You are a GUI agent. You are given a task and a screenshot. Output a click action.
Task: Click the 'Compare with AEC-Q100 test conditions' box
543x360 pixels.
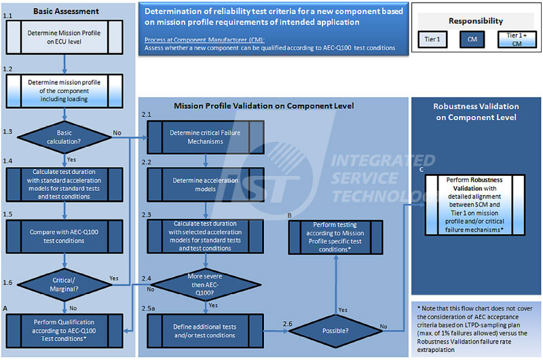(64, 236)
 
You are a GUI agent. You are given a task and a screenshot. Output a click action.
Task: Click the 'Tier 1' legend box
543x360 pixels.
(432, 40)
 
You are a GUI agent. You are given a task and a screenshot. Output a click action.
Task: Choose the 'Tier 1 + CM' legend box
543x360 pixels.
(516, 40)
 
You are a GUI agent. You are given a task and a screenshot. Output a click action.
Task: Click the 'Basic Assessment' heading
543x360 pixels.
(66, 11)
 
